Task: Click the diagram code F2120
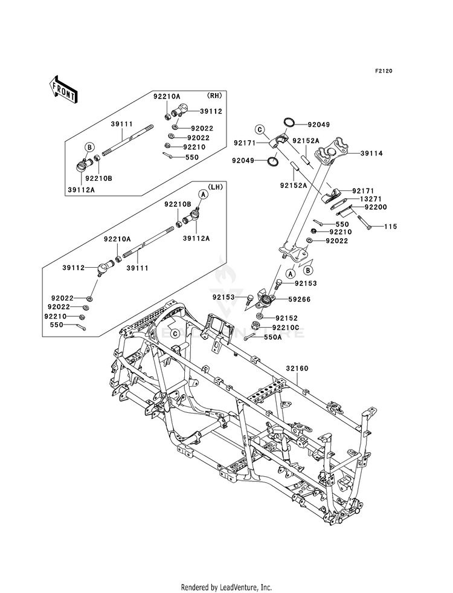click(x=384, y=71)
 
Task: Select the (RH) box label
click(x=214, y=96)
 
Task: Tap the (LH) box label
click(x=216, y=186)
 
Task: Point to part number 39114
click(x=372, y=154)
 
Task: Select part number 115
click(x=391, y=227)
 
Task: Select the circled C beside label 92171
click(x=259, y=129)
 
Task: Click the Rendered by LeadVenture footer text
click(x=226, y=587)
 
